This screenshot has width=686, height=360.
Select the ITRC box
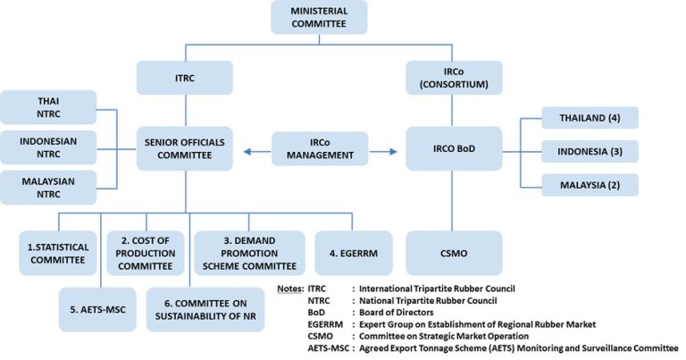[x=185, y=79]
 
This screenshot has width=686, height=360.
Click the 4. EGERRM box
[x=347, y=251]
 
